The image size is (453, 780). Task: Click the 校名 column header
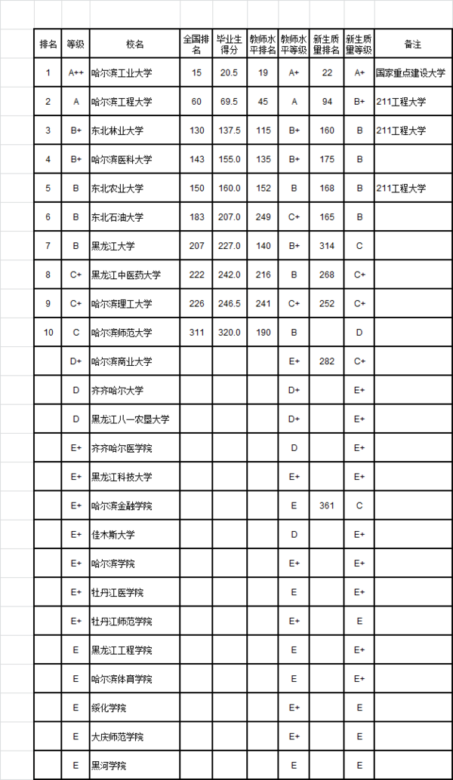pos(135,45)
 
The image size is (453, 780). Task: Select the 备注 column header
pos(412,45)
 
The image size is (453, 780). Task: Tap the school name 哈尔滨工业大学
pos(122,73)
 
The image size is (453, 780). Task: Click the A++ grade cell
pos(75,73)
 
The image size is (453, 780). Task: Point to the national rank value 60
pos(196,102)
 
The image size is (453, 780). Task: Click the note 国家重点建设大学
pos(412,73)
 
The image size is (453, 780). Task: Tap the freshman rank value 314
pos(327,246)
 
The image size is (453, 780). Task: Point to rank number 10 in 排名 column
pos(48,333)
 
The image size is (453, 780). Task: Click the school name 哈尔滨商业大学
pos(122,361)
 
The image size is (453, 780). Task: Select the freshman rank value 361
pos(327,505)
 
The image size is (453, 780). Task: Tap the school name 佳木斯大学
pos(113,535)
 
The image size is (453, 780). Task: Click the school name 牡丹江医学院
pos(117,592)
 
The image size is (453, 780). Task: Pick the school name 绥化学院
pos(109,708)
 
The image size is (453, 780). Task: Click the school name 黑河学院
pos(109,765)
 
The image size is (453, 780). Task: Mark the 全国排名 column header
pos(196,45)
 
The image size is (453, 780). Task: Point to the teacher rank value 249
pos(263,217)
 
